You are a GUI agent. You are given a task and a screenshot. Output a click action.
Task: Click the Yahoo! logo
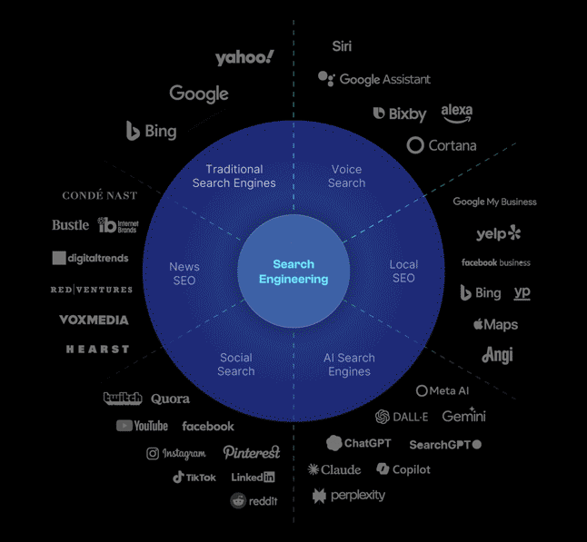pos(244,58)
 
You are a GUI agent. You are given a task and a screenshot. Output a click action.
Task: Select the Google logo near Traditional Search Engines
pos(199,94)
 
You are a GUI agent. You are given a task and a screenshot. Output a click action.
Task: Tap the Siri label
pos(342,46)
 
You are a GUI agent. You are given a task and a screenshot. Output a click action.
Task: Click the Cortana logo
pos(442,145)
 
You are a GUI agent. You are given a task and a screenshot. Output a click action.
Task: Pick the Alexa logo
pos(456,113)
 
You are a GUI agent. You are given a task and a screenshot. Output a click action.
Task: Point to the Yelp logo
pos(498,233)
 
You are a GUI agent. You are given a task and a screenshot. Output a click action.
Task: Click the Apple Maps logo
pos(495,324)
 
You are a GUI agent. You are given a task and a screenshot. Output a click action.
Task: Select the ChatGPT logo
pos(359,443)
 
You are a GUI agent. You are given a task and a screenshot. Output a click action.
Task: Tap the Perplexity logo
pos(349,496)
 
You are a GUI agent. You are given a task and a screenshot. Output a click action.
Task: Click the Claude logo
pos(334,469)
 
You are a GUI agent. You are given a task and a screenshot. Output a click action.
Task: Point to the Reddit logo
pos(254,500)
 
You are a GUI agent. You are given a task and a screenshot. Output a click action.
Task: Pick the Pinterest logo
pos(252,452)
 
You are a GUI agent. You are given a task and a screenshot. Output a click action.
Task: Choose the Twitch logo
pos(123,399)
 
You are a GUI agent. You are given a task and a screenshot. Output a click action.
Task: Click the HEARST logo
pos(97,350)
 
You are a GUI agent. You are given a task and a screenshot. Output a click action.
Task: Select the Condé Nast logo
pos(100,195)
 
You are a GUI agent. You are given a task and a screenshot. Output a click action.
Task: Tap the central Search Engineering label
pos(293,271)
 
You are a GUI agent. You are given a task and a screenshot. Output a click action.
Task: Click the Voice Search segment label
pos(346,176)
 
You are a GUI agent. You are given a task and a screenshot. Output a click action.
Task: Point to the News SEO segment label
pos(184,272)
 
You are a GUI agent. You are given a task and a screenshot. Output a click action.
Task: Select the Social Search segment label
pos(236,364)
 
